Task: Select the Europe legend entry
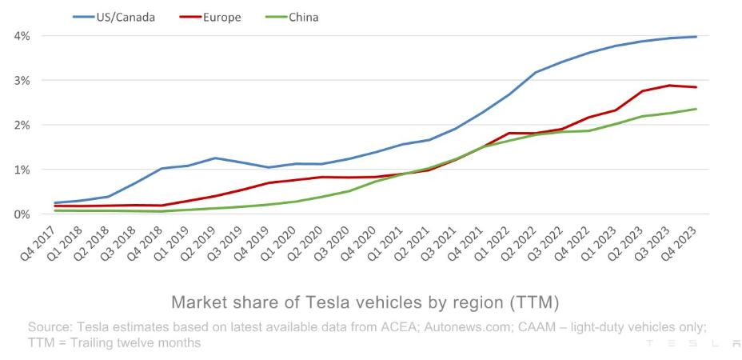coord(215,17)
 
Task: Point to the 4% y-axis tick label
coord(22,36)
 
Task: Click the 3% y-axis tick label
coord(22,81)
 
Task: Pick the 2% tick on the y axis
coord(22,126)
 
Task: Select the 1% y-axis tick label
coord(22,170)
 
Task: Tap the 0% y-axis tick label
coord(22,215)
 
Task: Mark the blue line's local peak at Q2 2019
coord(214,158)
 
